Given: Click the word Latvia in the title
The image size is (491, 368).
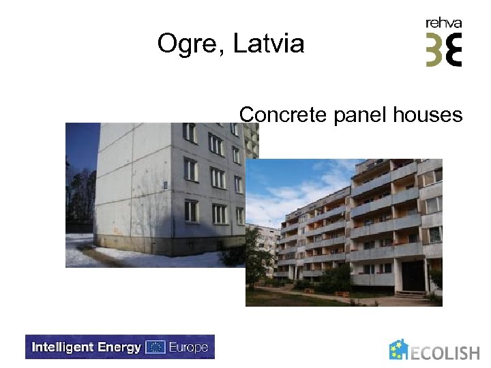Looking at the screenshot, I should coord(269,44).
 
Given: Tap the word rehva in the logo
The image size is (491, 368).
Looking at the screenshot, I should coord(443,23).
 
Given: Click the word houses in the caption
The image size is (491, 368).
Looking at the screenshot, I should coord(428,114).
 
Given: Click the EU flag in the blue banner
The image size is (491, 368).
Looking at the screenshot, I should coord(155,347).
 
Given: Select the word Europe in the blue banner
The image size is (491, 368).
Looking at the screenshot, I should coord(188,347).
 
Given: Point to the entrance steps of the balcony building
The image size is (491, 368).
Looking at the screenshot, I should coord(411,294).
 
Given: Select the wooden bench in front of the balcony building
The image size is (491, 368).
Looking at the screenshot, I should coord(342,294).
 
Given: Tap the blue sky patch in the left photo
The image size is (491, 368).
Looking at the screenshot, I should coord(82,147).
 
